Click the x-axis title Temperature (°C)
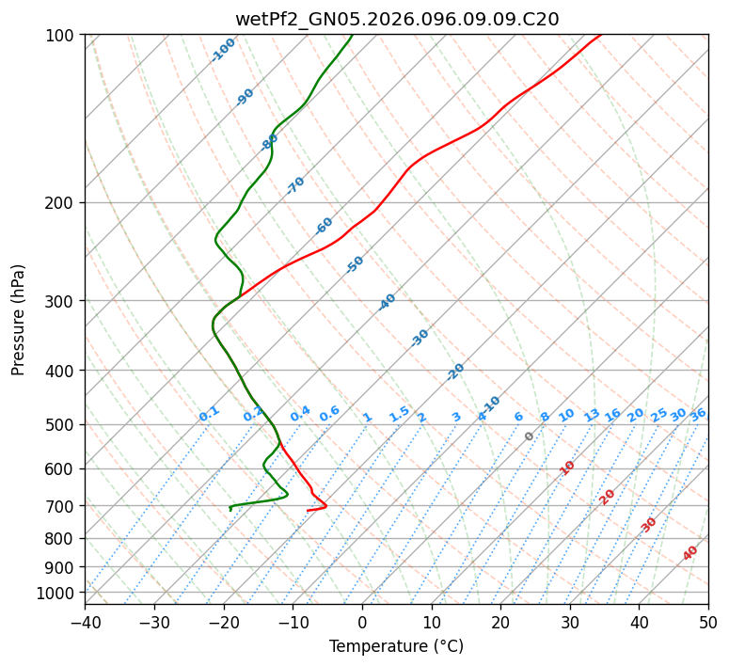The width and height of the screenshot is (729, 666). tap(396, 646)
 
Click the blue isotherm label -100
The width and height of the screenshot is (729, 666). tap(223, 50)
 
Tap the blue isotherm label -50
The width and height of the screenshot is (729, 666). tap(355, 264)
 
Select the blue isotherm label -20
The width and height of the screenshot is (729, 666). tap(455, 372)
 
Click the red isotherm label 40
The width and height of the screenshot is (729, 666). tap(690, 553)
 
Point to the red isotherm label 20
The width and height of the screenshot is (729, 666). tap(608, 496)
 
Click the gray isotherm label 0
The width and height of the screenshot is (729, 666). tap(530, 436)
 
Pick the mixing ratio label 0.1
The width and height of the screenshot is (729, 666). tap(209, 414)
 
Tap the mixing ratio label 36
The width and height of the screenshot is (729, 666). tap(698, 414)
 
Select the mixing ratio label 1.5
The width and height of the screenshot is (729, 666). tap(399, 414)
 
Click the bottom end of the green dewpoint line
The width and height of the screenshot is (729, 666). tap(230, 509)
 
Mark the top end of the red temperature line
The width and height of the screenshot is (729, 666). tap(600, 35)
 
